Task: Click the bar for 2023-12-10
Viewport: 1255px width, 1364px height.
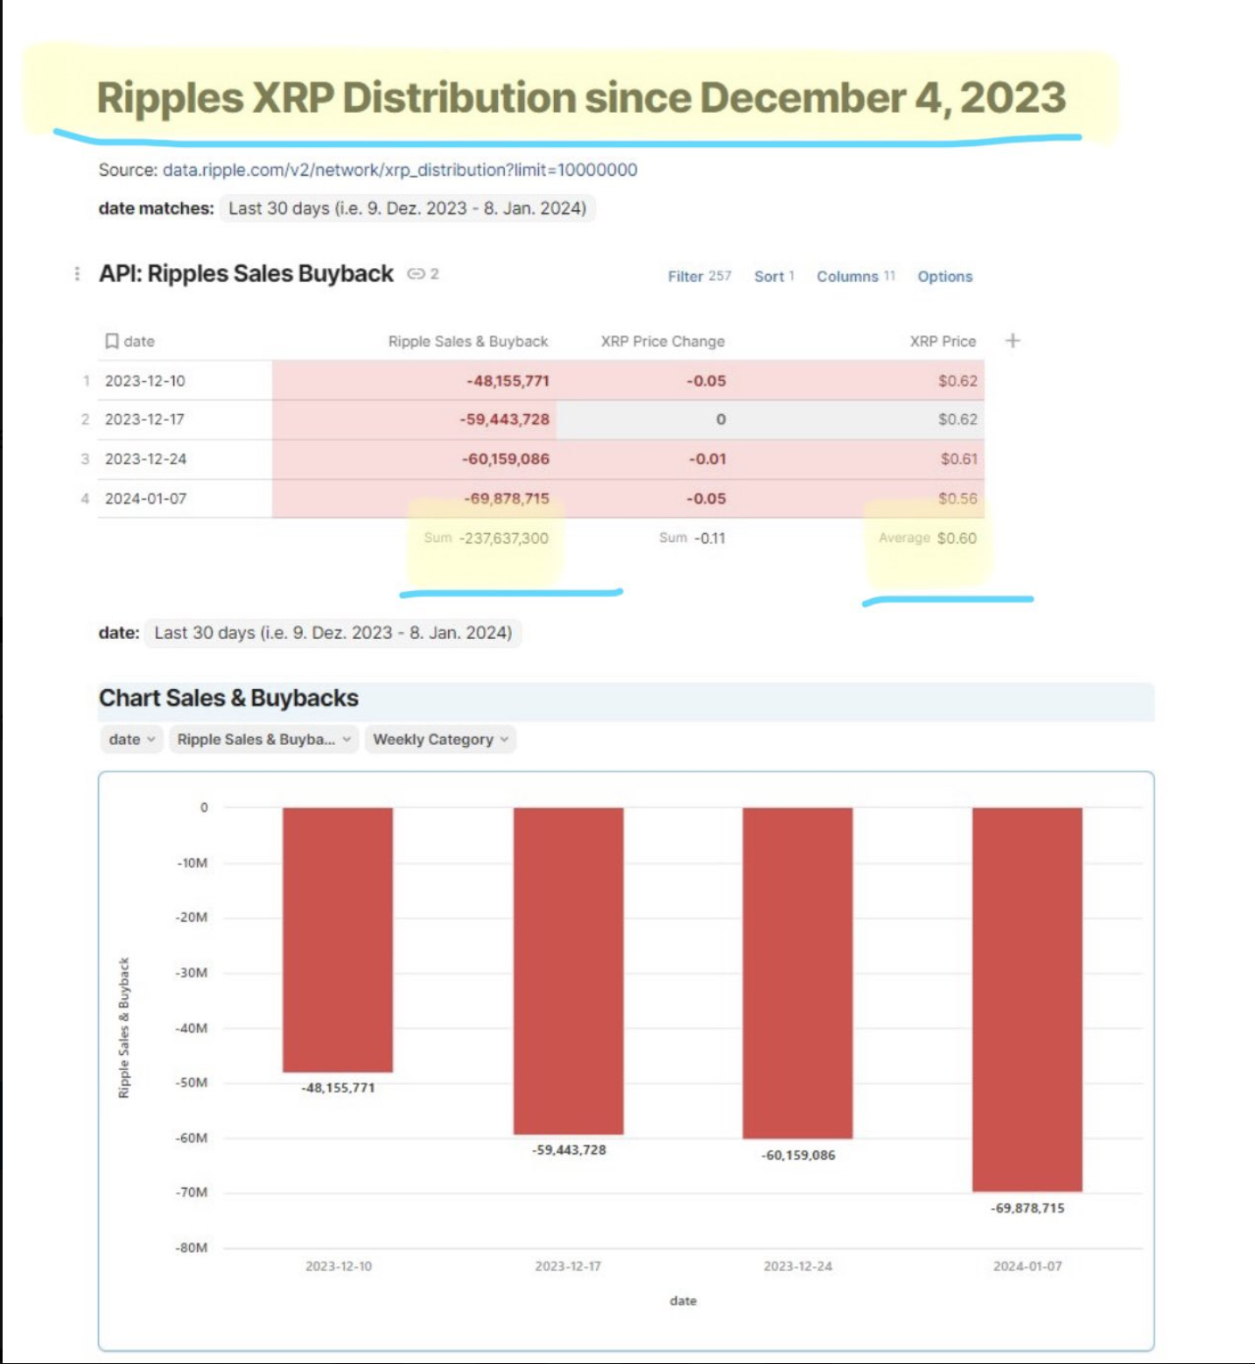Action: pyautogui.click(x=338, y=939)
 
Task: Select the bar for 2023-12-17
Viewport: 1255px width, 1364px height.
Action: pyautogui.click(x=568, y=970)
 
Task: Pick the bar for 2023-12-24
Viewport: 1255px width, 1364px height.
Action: pyautogui.click(x=797, y=972)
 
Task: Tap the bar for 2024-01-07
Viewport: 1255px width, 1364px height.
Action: pyautogui.click(x=1027, y=998)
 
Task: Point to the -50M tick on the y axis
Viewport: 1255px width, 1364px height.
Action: pyautogui.click(x=192, y=1083)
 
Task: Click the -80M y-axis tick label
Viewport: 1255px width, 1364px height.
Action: pyautogui.click(x=192, y=1248)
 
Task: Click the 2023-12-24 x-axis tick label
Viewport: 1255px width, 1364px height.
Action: pyautogui.click(x=797, y=1266)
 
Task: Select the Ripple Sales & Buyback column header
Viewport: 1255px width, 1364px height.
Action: pyautogui.click(x=467, y=341)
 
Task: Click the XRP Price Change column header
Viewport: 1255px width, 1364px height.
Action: pyautogui.click(x=663, y=341)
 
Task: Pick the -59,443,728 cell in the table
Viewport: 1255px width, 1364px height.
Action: pyautogui.click(x=505, y=419)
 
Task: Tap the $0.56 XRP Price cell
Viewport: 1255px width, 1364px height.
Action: pyautogui.click(x=957, y=498)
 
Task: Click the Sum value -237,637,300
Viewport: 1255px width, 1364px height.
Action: pyautogui.click(x=504, y=538)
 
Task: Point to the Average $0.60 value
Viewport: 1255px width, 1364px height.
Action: pyautogui.click(x=956, y=538)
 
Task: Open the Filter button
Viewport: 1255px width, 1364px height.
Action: pyautogui.click(x=698, y=277)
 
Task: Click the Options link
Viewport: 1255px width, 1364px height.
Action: pyautogui.click(x=944, y=277)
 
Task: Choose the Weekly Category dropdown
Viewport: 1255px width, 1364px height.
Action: pyautogui.click(x=440, y=740)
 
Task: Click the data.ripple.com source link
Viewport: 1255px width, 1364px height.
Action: pyautogui.click(x=400, y=170)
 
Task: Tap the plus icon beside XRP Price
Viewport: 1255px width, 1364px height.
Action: pyautogui.click(x=1013, y=341)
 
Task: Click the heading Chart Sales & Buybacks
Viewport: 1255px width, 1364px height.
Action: pyautogui.click(x=228, y=698)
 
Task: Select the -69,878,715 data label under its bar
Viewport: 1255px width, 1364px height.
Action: pyautogui.click(x=1027, y=1208)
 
